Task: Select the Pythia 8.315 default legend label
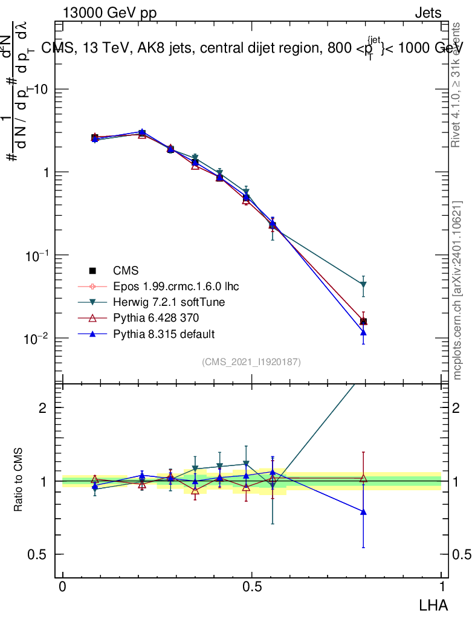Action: [164, 334]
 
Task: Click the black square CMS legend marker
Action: [92, 270]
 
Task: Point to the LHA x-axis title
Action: [434, 604]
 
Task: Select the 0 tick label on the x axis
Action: [63, 587]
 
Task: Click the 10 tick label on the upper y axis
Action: [42, 89]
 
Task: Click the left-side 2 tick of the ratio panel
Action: [42, 408]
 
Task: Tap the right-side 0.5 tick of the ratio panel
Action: [460, 554]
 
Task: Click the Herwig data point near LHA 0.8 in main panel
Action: [363, 285]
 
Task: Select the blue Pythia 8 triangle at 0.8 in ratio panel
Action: [363, 511]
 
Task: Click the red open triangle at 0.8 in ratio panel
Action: [363, 478]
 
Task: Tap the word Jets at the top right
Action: [428, 14]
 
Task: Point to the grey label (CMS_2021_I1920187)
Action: [251, 362]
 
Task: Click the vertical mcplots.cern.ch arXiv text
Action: [457, 290]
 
